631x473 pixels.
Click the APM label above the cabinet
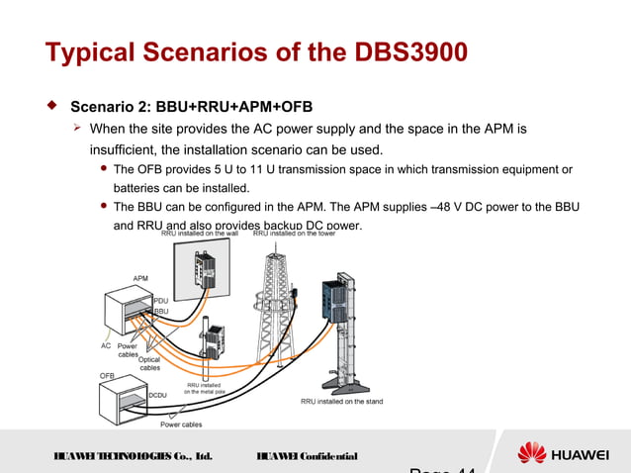tap(140, 278)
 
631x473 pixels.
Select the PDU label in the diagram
tap(160, 300)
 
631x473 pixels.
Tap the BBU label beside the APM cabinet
tap(161, 311)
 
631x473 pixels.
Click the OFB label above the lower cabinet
tap(107, 375)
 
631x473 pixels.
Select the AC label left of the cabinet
tap(106, 346)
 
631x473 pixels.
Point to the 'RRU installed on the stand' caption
tap(341, 402)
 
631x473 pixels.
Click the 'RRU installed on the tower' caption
tap(287, 234)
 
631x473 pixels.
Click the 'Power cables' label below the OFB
tap(181, 425)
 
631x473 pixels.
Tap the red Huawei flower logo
tap(532, 454)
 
